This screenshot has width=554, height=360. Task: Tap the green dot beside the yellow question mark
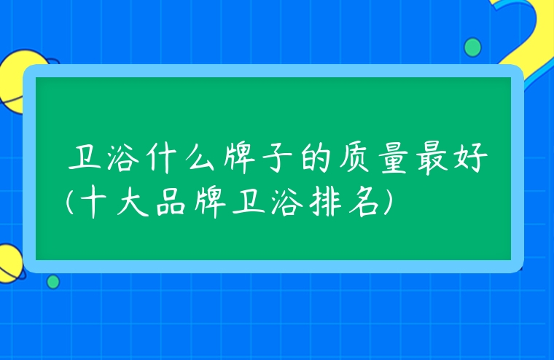[472, 47]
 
